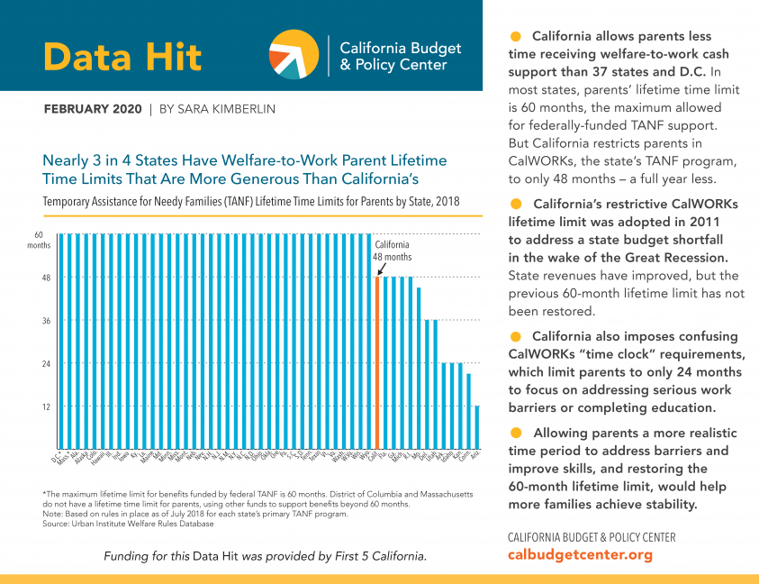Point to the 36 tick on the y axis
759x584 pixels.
coord(45,321)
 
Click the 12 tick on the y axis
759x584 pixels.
coord(45,406)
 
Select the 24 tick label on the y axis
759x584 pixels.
coord(45,364)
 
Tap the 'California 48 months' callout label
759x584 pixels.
coord(392,251)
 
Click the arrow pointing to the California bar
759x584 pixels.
coord(382,269)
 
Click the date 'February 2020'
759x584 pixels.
coord(93,109)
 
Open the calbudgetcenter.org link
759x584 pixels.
coord(580,555)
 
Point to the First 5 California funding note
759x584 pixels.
coord(266,555)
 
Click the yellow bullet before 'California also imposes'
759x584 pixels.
coord(516,336)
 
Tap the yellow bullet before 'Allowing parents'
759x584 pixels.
coord(516,432)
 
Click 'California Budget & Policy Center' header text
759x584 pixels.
coord(400,56)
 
